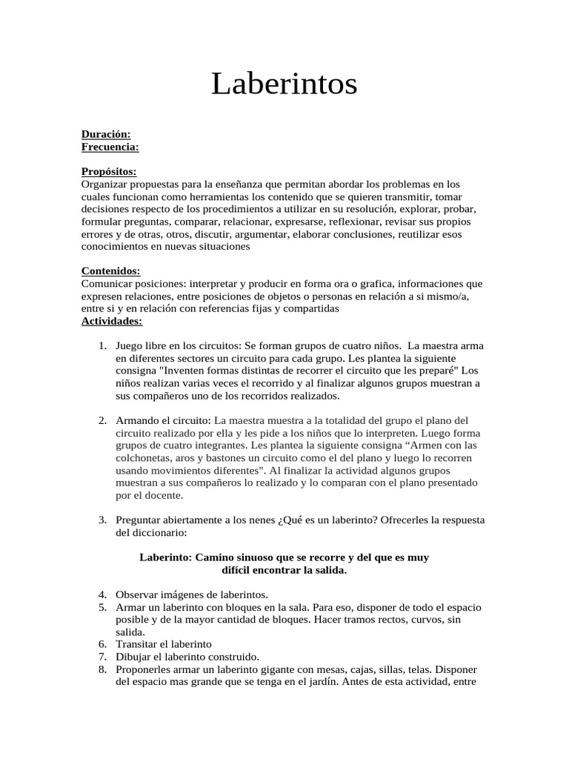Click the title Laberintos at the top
(284, 84)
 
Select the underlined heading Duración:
(106, 134)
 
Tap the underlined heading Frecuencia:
(110, 147)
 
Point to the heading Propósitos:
(109, 172)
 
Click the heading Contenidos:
(110, 271)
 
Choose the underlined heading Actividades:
(111, 321)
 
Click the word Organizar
(104, 185)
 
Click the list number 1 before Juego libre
(102, 346)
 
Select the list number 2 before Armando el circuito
(102, 421)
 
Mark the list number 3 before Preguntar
(102, 520)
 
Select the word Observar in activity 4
(136, 595)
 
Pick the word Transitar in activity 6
(136, 645)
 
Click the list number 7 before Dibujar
(102, 657)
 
